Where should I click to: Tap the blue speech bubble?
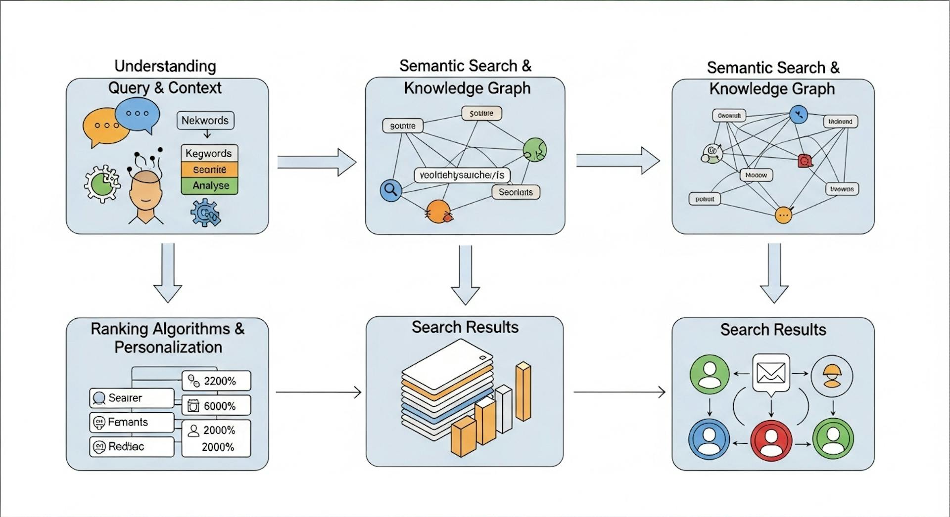pos(138,114)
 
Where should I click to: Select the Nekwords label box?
pos(205,120)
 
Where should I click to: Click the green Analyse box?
pos(210,185)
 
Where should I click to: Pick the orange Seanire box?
pos(210,170)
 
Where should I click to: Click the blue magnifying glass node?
pos(391,190)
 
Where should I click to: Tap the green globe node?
pos(534,149)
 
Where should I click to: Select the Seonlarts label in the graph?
pos(516,192)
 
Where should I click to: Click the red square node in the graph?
pos(805,161)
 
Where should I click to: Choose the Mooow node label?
pos(756,175)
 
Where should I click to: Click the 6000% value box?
pos(216,406)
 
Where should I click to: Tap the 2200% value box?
pos(216,381)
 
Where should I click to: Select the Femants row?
pos(132,422)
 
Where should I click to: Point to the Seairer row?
pos(132,398)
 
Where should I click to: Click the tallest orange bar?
pos(523,392)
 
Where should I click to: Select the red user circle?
pos(771,440)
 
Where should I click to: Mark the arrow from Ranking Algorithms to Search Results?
pos(318,392)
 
